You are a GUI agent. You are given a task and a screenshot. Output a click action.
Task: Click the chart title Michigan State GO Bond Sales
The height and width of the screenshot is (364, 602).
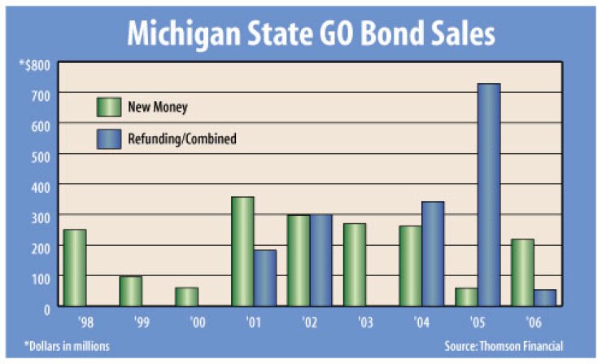pyautogui.click(x=309, y=35)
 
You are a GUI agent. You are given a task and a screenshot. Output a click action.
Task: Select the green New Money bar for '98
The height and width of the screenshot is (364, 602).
pyautogui.click(x=74, y=268)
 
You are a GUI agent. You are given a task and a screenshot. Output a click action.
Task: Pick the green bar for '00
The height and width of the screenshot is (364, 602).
pyautogui.click(x=186, y=297)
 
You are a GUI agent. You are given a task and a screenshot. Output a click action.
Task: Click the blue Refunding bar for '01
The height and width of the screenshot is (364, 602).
pyautogui.click(x=265, y=278)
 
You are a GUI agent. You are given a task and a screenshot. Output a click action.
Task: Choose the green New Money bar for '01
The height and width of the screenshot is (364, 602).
pyautogui.click(x=242, y=252)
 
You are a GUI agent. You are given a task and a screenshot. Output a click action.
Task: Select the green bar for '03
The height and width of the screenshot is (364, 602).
pyautogui.click(x=354, y=265)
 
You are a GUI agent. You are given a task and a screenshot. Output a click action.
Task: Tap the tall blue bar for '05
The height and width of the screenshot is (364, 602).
pyautogui.click(x=489, y=195)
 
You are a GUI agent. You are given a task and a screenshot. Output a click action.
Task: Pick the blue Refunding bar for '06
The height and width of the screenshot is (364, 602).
pyautogui.click(x=545, y=298)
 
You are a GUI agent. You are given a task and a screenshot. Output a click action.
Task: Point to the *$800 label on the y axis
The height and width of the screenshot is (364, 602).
pyautogui.click(x=35, y=64)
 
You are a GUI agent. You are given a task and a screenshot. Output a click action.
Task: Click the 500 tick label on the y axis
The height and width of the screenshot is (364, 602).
pyautogui.click(x=41, y=155)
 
